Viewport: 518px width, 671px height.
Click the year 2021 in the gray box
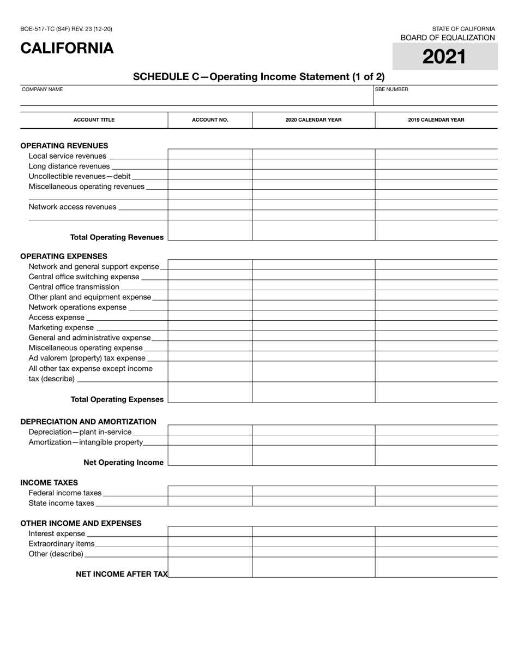coord(444,57)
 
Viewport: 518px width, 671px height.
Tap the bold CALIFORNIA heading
coord(67,49)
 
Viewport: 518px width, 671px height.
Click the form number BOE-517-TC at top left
coord(66,29)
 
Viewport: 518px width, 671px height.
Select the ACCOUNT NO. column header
coord(210,120)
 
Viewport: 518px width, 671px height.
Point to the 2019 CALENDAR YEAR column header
coord(436,120)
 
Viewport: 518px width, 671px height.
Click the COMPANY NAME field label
coord(43,89)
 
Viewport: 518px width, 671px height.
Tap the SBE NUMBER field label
coord(391,89)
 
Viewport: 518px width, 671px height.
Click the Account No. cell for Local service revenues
coord(210,154)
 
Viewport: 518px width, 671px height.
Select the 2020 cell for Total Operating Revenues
coord(314,231)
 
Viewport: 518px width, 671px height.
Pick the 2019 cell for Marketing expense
coord(436,326)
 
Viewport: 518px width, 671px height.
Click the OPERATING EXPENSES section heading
coord(64,256)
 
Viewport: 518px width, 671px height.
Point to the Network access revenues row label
coord(73,207)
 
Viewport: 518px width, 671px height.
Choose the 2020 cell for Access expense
coord(314,316)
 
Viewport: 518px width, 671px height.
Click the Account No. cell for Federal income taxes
coord(210,491)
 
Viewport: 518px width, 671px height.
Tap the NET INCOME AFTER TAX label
coord(122,574)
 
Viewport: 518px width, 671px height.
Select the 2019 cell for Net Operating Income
coord(436,456)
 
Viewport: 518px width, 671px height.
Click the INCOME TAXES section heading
coord(49,483)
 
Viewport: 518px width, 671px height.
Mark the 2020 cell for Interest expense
coord(314,532)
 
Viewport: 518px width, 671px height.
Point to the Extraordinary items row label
coord(62,544)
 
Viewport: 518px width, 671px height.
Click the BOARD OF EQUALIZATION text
coord(448,38)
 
